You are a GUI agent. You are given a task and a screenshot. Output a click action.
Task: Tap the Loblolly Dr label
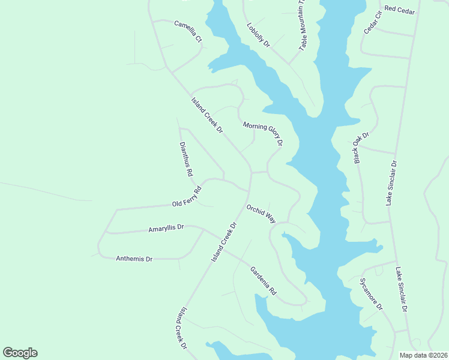point(259,35)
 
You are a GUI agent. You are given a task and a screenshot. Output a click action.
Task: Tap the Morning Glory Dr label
point(262,134)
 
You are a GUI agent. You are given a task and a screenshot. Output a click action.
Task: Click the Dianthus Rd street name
point(186,159)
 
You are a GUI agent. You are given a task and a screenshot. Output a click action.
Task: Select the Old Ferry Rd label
point(187,197)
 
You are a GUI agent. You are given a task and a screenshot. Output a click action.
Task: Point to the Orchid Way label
point(261,214)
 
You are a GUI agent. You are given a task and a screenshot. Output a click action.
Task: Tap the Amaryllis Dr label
point(166,229)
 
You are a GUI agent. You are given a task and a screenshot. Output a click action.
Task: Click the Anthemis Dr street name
point(134,259)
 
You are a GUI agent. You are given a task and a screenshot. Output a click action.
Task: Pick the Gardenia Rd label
point(263,280)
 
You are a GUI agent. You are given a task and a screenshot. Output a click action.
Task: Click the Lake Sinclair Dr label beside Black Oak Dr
point(391,184)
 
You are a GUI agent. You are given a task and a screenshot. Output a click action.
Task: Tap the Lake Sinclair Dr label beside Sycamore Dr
point(402,290)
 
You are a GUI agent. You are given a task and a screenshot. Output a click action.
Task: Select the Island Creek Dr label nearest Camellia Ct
point(207,116)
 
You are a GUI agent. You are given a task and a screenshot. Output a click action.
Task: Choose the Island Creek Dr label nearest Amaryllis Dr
point(225,242)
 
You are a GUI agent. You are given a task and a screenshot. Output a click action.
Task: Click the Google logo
point(20,353)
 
